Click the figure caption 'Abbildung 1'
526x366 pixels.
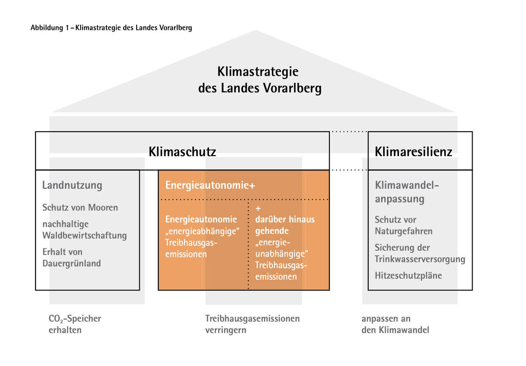(51, 28)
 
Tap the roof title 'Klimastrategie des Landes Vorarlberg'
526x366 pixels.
(259, 80)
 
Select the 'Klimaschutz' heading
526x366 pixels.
(182, 152)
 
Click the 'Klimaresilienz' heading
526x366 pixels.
(414, 152)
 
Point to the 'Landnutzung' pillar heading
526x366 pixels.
(72, 186)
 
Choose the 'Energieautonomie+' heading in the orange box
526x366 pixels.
(210, 186)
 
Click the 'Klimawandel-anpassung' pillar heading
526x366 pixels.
(407, 192)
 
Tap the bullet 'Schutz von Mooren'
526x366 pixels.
(80, 208)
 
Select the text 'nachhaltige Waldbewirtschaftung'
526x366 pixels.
(84, 230)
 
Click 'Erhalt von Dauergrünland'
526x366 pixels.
(71, 258)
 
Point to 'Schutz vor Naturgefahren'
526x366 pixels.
(403, 225)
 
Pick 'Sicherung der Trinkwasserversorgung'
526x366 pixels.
(419, 253)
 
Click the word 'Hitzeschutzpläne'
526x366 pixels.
(408, 276)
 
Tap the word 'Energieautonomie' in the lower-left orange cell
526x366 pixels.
(201, 219)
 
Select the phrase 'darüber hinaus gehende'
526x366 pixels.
(285, 225)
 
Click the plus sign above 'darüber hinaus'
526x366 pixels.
(258, 209)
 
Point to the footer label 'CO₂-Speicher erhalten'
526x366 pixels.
(74, 324)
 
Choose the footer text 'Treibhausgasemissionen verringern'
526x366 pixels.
(252, 324)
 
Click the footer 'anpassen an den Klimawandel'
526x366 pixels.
(394, 324)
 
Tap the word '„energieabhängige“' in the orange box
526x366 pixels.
(202, 231)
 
